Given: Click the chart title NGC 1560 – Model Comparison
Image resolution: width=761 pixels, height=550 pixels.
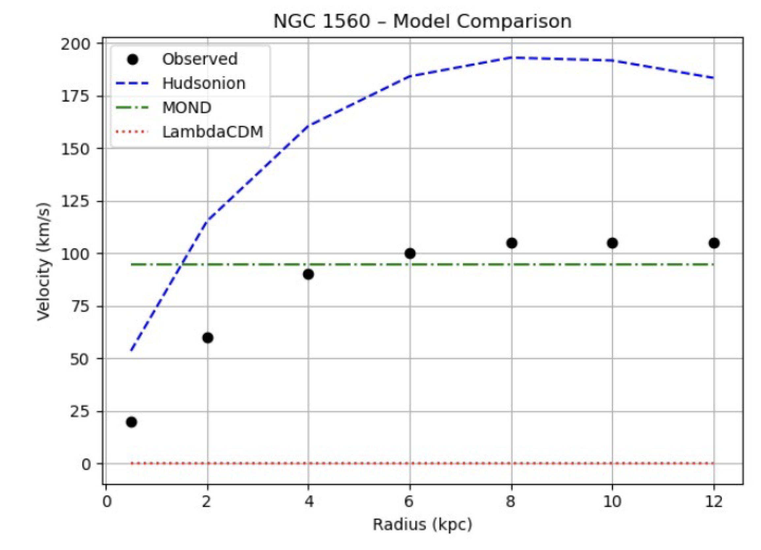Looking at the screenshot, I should pyautogui.click(x=422, y=21).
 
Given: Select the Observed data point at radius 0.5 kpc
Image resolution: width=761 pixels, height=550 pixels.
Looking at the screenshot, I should pyautogui.click(x=132, y=422).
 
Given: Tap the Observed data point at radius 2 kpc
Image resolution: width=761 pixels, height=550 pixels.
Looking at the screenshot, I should pyautogui.click(x=208, y=338).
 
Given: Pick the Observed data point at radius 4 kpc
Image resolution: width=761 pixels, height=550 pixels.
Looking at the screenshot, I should pyautogui.click(x=308, y=274).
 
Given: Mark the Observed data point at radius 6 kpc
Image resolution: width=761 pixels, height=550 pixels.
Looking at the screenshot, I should pyautogui.click(x=410, y=253).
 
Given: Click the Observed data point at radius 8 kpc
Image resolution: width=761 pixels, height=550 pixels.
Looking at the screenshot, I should pyautogui.click(x=511, y=243).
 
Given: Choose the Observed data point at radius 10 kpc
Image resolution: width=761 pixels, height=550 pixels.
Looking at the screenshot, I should pyautogui.click(x=612, y=243).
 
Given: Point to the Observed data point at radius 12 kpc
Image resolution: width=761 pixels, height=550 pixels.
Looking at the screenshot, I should pyautogui.click(x=714, y=243).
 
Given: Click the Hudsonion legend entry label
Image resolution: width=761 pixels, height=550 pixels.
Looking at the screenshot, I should pyautogui.click(x=204, y=83).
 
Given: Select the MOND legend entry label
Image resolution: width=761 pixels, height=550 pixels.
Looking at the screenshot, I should pyautogui.click(x=187, y=108).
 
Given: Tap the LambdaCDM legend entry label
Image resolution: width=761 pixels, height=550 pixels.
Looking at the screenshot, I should pyautogui.click(x=213, y=132).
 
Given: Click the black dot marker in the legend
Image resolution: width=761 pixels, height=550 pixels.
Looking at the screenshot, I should pyautogui.click(x=133, y=59).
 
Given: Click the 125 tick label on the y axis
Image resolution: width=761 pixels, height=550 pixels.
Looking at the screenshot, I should pyautogui.click(x=76, y=201).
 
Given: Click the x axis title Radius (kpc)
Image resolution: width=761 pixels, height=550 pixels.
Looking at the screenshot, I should pyautogui.click(x=422, y=525).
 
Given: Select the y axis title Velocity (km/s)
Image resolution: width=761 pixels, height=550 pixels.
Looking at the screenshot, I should pyautogui.click(x=44, y=261).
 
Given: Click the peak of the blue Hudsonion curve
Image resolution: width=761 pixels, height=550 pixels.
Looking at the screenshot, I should pyautogui.click(x=511, y=58).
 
